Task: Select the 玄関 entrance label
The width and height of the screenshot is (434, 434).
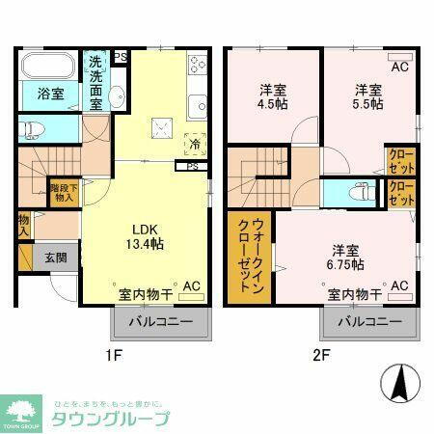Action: [54, 258]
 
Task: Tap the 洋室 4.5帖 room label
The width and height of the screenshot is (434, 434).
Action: [273, 97]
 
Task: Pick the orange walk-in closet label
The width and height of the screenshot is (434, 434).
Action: [244, 257]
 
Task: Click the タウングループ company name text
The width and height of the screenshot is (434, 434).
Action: [110, 419]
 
